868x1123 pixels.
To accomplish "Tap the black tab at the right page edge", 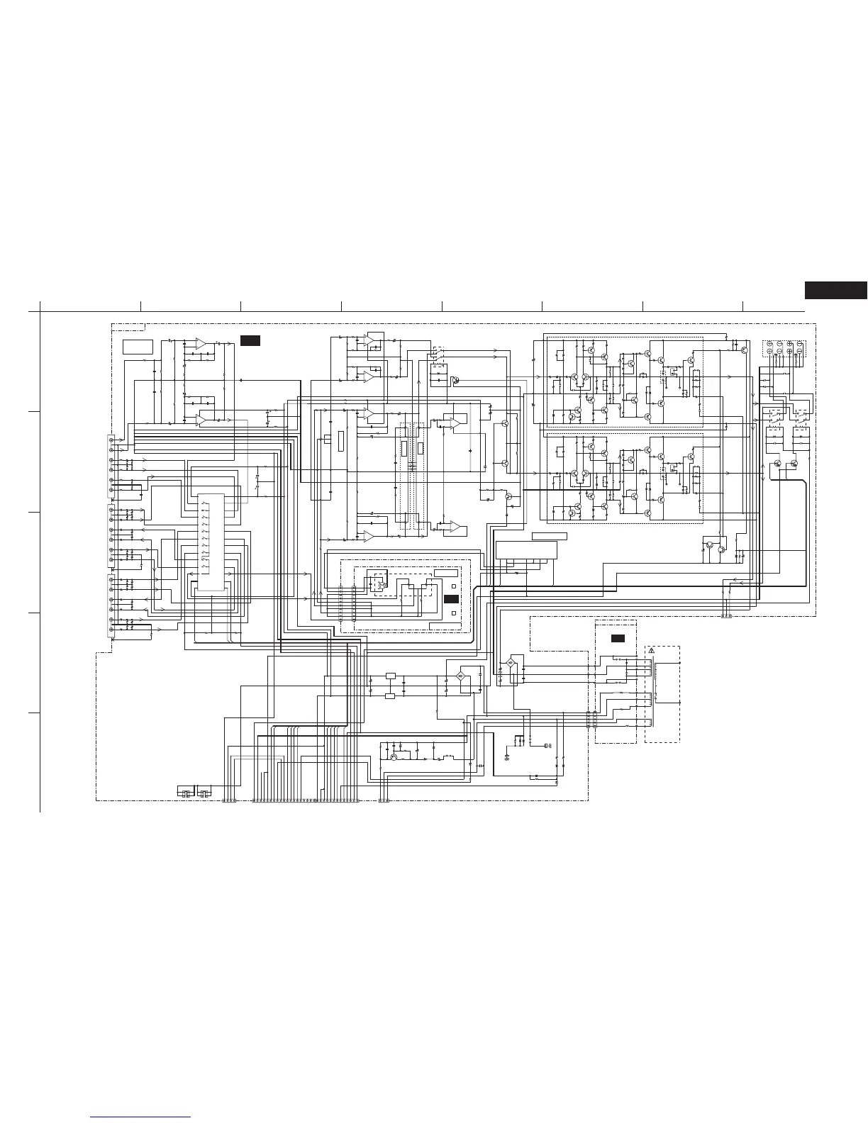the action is [836, 290].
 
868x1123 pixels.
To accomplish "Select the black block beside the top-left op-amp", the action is [250, 341].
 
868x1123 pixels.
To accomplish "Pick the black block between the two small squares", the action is [452, 599].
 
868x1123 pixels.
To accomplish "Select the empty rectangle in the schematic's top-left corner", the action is [138, 347].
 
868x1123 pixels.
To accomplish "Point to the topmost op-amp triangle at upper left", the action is [201, 343].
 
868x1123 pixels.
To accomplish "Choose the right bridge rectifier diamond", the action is [510, 664].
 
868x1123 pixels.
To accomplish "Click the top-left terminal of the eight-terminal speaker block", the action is [769, 345].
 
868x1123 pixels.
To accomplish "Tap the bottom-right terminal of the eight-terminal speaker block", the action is [800, 352].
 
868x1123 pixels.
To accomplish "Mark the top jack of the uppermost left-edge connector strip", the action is [111, 441].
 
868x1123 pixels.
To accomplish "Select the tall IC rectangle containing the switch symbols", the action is [211, 542].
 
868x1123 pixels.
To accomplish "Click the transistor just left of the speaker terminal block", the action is [745, 350].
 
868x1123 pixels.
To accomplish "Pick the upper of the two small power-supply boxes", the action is [390, 676].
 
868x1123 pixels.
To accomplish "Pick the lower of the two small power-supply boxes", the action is [390, 696].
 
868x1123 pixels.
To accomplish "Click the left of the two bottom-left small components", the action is [184, 792].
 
